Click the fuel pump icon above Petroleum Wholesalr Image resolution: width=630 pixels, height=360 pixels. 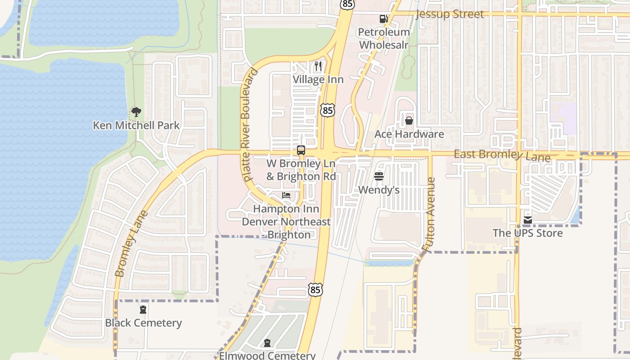click(x=383, y=19)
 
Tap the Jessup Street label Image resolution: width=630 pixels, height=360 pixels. click(x=450, y=14)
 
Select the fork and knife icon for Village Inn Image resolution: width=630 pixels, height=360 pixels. click(x=318, y=66)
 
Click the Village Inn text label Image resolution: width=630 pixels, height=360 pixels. click(x=318, y=80)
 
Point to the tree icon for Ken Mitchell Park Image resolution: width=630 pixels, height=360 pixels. click(x=135, y=112)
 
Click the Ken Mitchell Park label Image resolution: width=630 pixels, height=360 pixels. click(x=136, y=126)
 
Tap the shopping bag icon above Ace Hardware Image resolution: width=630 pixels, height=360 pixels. click(x=409, y=121)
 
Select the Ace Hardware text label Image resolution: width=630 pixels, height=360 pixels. click(x=409, y=134)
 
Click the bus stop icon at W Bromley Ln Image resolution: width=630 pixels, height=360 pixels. click(x=301, y=150)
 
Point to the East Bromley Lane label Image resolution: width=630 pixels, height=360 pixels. click(x=502, y=156)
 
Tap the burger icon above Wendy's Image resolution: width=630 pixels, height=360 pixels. click(x=379, y=176)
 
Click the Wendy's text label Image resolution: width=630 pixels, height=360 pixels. click(x=379, y=190)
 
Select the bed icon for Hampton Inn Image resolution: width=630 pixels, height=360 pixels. click(x=286, y=195)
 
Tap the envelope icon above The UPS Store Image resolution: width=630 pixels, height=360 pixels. click(x=528, y=220)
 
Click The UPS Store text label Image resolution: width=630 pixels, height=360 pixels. click(x=528, y=233)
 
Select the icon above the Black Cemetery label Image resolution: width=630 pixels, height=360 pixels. click(x=143, y=310)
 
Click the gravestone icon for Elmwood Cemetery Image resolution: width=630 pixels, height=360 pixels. click(x=268, y=343)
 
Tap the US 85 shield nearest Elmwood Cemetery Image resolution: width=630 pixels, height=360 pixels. click(x=315, y=290)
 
